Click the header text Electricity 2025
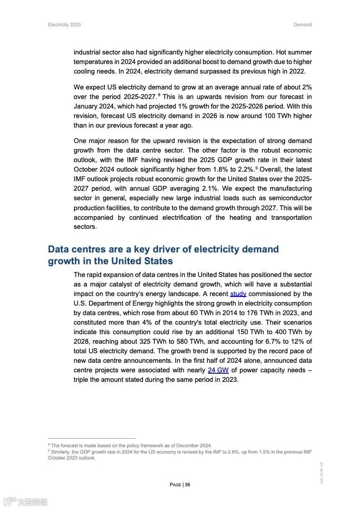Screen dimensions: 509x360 pyautogui.click(x=64, y=25)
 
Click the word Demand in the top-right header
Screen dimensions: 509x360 pyautogui.click(x=302, y=25)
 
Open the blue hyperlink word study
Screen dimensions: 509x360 pyautogui.click(x=238, y=294)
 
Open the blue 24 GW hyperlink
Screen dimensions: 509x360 pyautogui.click(x=218, y=370)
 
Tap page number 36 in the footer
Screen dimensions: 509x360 pyautogui.click(x=187, y=484)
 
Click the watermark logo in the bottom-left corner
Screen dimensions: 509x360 pyautogui.click(x=25, y=502)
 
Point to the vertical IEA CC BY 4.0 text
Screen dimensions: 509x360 pyautogui.click(x=322, y=473)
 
